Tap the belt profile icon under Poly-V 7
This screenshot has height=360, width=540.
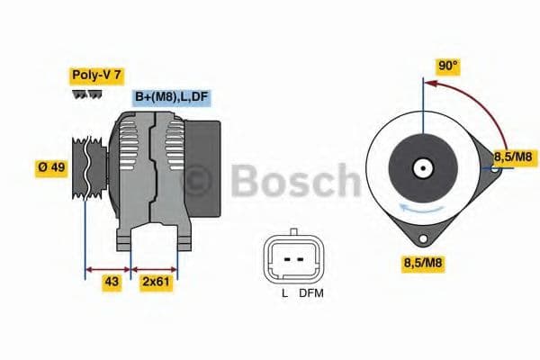(87, 94)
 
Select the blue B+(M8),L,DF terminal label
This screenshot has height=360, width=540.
(172, 97)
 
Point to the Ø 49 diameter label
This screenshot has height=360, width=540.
(50, 168)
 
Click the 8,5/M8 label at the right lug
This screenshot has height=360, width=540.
(514, 157)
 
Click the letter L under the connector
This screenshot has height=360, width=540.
(284, 292)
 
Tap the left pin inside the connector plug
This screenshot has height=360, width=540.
(284, 257)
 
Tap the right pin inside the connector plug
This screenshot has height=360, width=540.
(299, 257)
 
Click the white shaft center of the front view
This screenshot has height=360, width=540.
(421, 167)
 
